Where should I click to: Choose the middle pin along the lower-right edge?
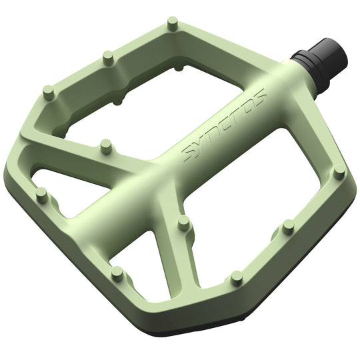288,227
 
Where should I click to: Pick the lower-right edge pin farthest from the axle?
235,275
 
